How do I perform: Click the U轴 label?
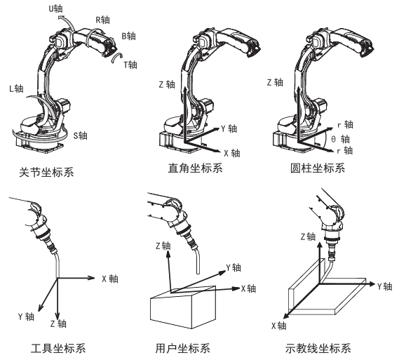point(55,9)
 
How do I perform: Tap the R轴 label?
point(102,20)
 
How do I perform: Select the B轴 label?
point(128,36)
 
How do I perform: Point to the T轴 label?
point(130,65)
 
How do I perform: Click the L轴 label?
point(16,88)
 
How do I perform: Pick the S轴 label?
point(80,135)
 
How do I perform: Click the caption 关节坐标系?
point(46,173)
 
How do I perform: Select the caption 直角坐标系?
point(195,168)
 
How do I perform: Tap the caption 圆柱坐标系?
point(318,168)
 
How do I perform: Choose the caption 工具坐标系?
point(58,348)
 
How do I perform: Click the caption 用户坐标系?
point(183,348)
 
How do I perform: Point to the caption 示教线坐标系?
point(318,348)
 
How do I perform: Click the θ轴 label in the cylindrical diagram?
point(341,139)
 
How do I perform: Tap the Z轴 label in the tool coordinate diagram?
point(58,324)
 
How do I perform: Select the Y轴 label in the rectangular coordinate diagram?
point(229,128)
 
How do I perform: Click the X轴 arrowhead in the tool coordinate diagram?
point(92,278)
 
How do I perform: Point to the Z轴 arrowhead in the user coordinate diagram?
point(168,254)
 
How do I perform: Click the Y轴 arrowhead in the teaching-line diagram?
point(372,284)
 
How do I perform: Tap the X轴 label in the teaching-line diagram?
point(278,326)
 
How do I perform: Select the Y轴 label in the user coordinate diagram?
point(234,267)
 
